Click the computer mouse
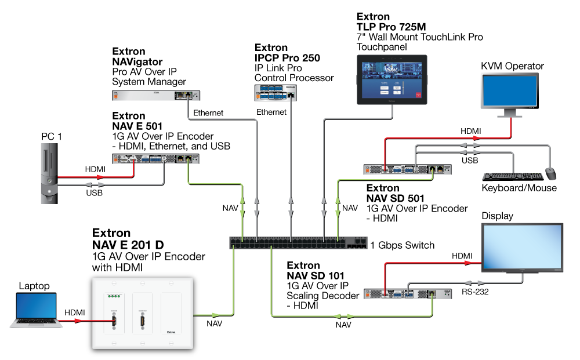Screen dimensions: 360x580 pos(550,173)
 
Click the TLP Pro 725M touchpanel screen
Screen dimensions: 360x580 pos(390,79)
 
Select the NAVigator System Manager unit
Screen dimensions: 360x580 pos(155,94)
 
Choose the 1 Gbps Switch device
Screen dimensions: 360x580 pos(298,243)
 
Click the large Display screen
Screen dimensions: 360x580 pos(523,247)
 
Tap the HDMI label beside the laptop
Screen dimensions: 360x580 pos(75,312)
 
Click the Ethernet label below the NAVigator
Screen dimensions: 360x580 pos(208,112)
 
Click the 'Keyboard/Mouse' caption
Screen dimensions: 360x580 pos(519,188)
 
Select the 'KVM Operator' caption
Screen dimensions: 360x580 pos(512,66)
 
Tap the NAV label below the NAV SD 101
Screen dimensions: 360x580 pos(343,325)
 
